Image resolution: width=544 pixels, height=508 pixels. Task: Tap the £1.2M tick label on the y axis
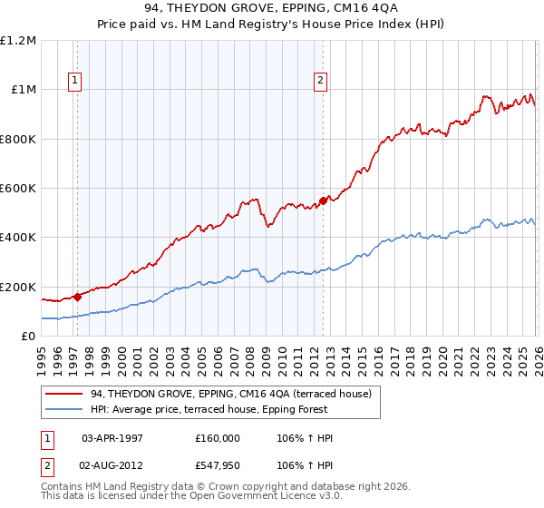coord(18,41)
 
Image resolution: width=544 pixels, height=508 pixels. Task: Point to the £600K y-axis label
coord(18,189)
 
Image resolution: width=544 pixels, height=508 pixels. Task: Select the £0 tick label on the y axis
coord(27,336)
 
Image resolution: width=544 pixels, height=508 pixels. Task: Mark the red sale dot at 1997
coord(77,296)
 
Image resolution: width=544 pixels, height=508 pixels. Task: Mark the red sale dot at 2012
coord(323,201)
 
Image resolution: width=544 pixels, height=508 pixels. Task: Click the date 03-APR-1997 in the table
coord(113,438)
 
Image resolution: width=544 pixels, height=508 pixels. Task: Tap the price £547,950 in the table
coord(218,465)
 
